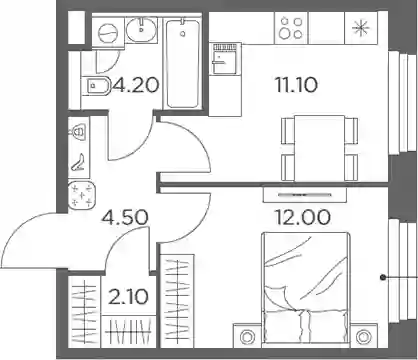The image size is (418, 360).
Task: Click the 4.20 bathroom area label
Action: (135, 85)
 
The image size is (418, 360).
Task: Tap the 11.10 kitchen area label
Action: (296, 85)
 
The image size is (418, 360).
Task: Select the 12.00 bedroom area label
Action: (302, 217)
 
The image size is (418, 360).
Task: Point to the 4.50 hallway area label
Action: (125, 217)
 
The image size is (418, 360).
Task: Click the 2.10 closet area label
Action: (128, 297)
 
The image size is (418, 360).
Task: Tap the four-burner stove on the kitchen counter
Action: (291, 28)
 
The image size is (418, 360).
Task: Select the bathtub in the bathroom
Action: (183, 63)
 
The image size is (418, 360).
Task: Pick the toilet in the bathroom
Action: (96, 86)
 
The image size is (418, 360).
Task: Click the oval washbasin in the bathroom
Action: (142, 29)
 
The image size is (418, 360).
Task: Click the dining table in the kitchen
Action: (319, 149)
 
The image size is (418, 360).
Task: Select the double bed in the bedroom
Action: (306, 288)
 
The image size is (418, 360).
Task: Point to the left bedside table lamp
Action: (247, 337)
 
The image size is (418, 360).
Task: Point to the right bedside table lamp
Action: (363, 337)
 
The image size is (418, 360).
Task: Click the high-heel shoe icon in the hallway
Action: (79, 162)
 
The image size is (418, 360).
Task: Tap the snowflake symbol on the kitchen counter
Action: (361, 28)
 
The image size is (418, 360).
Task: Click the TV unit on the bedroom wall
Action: (305, 195)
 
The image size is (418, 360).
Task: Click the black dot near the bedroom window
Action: (383, 277)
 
